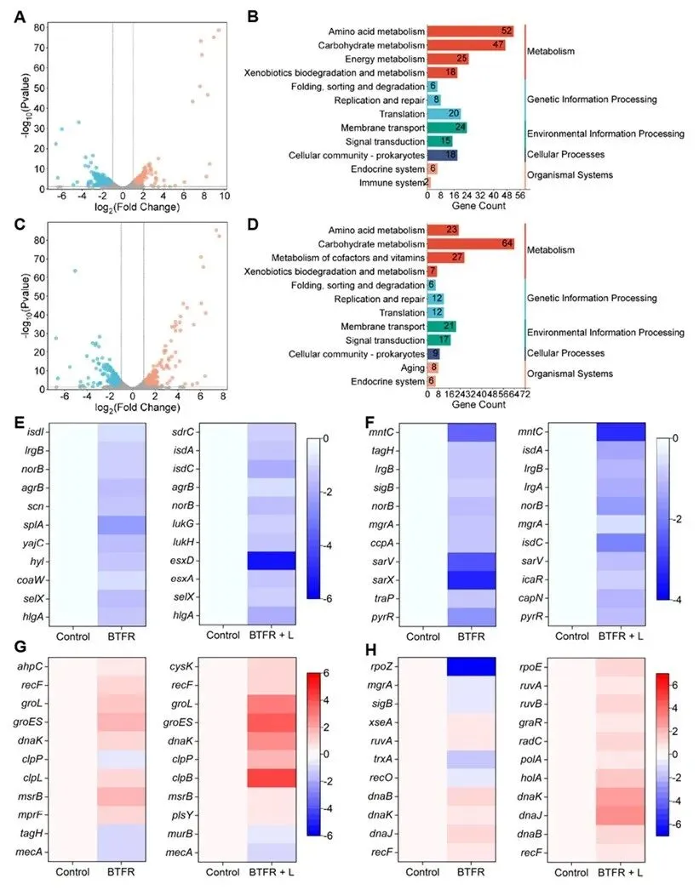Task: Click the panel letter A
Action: (x=20, y=15)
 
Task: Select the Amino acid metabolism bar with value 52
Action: (x=470, y=31)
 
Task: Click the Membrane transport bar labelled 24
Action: (x=446, y=128)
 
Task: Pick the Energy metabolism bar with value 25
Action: (x=448, y=59)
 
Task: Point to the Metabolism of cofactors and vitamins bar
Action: (x=445, y=258)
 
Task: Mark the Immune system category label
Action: (x=392, y=182)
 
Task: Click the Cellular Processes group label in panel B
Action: (x=565, y=155)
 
